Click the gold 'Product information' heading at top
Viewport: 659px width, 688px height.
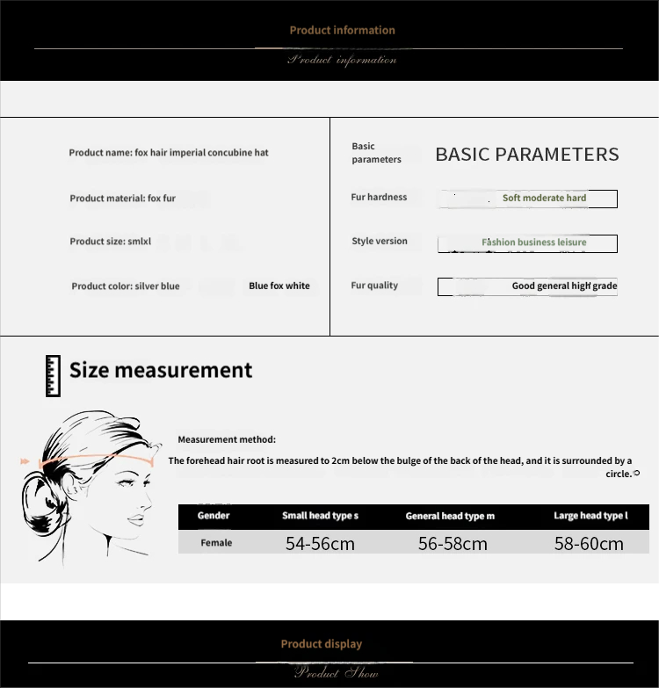tap(342, 30)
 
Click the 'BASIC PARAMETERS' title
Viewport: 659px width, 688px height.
tap(527, 155)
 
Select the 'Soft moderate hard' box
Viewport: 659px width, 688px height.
tap(528, 199)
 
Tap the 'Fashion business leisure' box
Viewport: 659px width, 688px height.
tap(528, 243)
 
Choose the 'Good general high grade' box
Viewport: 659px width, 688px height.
tap(528, 286)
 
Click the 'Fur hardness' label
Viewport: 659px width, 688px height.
tap(379, 198)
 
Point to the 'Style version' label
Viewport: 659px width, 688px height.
tap(380, 242)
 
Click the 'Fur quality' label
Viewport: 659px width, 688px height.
tap(374, 286)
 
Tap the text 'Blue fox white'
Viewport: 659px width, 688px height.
tap(279, 286)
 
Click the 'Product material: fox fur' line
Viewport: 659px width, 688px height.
tap(123, 199)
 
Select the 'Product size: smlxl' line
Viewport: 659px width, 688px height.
tap(111, 242)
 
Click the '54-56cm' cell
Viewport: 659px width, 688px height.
tap(320, 544)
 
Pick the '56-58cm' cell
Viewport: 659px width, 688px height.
tap(453, 544)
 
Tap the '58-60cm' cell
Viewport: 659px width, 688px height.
tap(589, 544)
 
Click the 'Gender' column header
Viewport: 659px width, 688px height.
tap(214, 516)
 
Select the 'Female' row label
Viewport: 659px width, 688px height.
tap(216, 543)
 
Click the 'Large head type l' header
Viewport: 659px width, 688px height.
tap(590, 516)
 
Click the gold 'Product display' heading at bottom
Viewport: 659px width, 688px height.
tap(321, 644)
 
